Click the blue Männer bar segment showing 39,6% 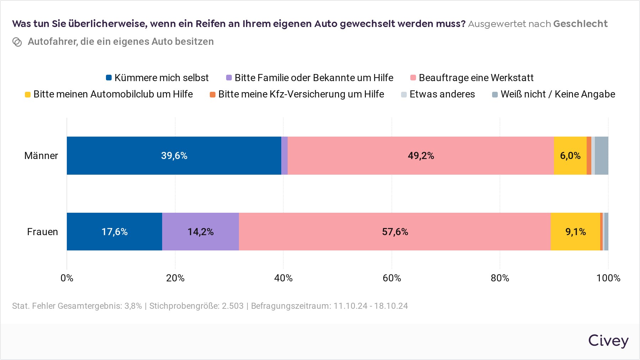click(174, 155)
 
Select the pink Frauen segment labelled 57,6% click(395, 232)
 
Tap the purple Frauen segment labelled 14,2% click(201, 232)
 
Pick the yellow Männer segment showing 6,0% click(570, 155)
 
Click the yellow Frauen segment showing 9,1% click(575, 232)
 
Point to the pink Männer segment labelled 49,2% click(421, 155)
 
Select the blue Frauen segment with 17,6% click(114, 232)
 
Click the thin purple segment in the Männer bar click(284, 155)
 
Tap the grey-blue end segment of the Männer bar click(602, 155)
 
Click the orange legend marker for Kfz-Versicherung click(213, 94)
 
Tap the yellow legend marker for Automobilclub click(28, 94)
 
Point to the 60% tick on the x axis click(391, 278)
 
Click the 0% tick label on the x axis click(67, 278)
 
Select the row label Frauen click(42, 232)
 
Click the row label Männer click(41, 155)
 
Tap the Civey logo click(608, 341)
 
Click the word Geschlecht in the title click(580, 24)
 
